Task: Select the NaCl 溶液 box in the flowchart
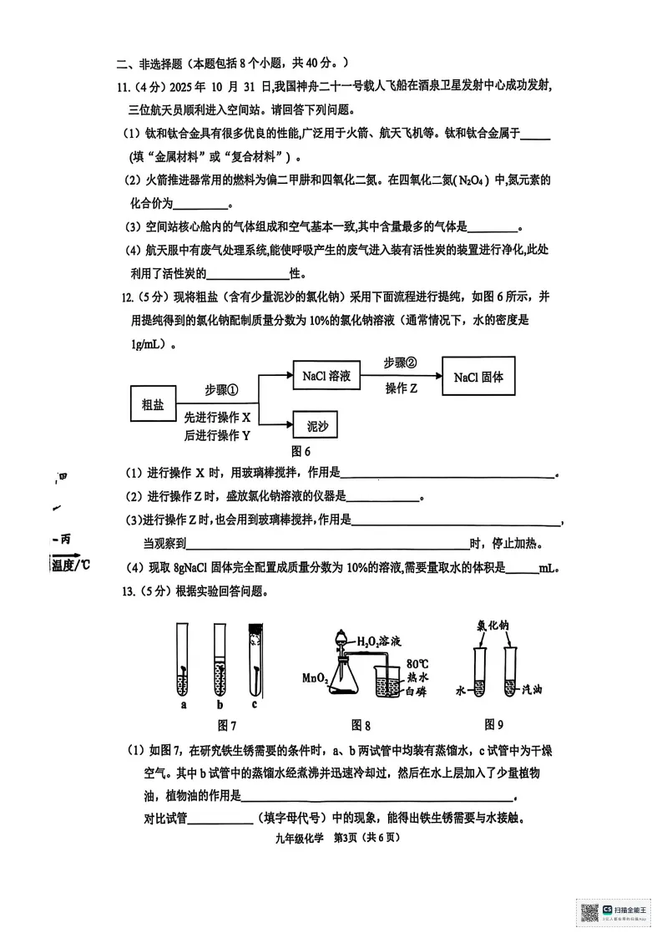(326, 377)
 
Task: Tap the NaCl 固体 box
(478, 377)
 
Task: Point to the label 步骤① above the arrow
(222, 390)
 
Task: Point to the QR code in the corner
(589, 913)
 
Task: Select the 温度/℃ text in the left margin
(70, 565)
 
